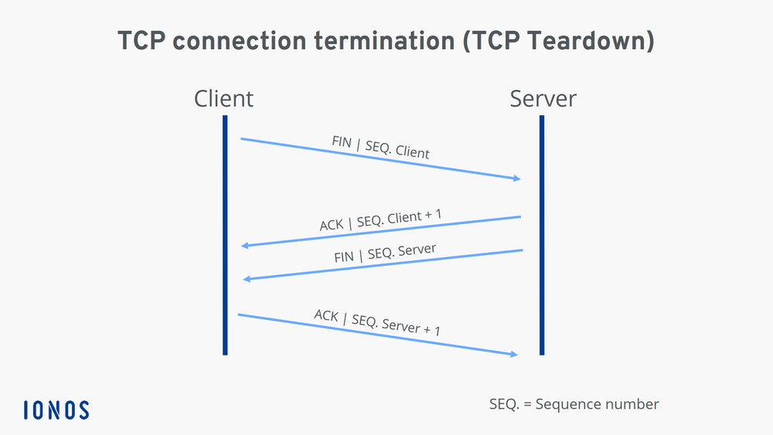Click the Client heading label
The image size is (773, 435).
click(x=223, y=99)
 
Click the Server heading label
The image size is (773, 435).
click(x=543, y=99)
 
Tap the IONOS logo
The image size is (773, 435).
click(x=56, y=410)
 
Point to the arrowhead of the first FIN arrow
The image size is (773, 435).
click(x=516, y=178)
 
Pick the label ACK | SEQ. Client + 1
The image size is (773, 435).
click(x=382, y=221)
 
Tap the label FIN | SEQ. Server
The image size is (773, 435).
click(x=385, y=254)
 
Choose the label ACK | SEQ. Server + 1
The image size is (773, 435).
click(x=377, y=321)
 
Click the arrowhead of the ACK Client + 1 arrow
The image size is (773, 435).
click(x=245, y=246)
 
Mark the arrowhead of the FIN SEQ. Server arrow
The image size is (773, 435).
click(x=247, y=278)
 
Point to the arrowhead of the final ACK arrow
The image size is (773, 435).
click(x=512, y=354)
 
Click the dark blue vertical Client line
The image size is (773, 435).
click(x=225, y=232)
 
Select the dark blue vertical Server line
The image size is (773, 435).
click(x=542, y=232)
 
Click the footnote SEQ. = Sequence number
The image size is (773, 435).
click(x=574, y=404)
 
